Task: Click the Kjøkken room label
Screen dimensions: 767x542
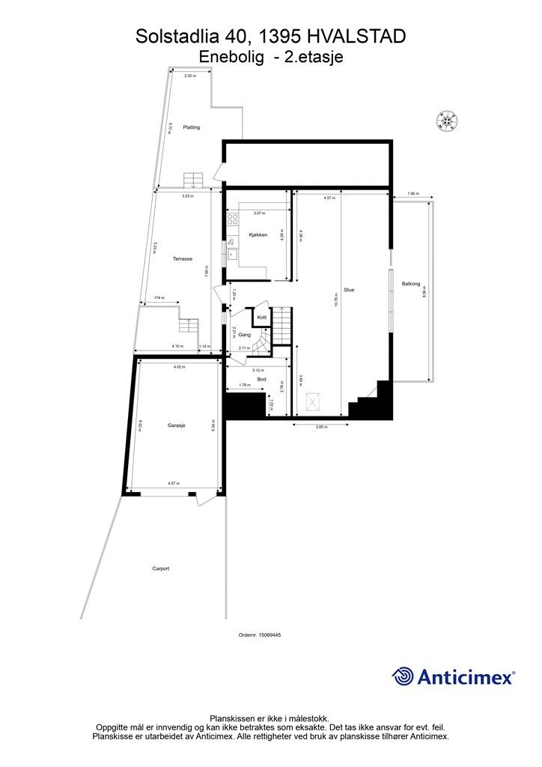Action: (x=258, y=235)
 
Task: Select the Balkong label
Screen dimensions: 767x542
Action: (x=411, y=284)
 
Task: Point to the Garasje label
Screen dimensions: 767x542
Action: (x=177, y=425)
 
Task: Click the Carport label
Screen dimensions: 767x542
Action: (x=161, y=569)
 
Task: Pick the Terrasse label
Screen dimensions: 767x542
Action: (x=183, y=259)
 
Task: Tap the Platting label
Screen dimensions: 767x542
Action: (x=191, y=127)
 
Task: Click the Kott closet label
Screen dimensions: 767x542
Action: (x=261, y=318)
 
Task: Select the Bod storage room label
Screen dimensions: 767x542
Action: (x=262, y=380)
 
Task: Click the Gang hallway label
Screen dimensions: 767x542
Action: (x=245, y=335)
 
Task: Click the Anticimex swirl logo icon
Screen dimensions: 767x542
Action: (x=404, y=676)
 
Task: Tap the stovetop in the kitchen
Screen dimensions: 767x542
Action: (x=233, y=220)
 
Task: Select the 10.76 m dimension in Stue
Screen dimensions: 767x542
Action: (x=336, y=298)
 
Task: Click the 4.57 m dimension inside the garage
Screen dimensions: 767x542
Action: (x=174, y=484)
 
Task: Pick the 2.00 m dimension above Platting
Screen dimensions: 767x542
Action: (x=190, y=76)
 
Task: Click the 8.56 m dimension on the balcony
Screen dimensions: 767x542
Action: (x=424, y=290)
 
